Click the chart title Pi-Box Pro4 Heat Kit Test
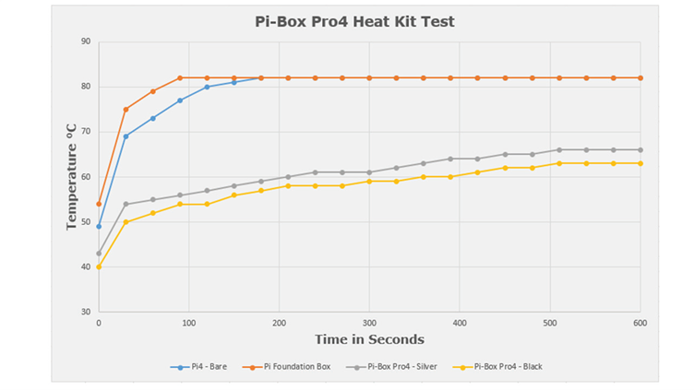(354, 21)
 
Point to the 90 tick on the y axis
(85, 41)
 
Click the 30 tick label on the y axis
(85, 313)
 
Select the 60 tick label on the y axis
(85, 177)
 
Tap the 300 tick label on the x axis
(369, 324)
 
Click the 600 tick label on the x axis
(640, 324)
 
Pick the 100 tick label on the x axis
(189, 324)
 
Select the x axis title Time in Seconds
(369, 340)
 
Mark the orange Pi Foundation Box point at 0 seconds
(99, 204)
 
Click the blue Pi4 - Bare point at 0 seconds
(99, 227)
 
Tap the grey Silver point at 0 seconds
(99, 254)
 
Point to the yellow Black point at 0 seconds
(99, 267)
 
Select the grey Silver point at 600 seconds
(640, 150)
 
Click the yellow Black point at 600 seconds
(640, 163)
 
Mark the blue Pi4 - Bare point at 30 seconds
(126, 136)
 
